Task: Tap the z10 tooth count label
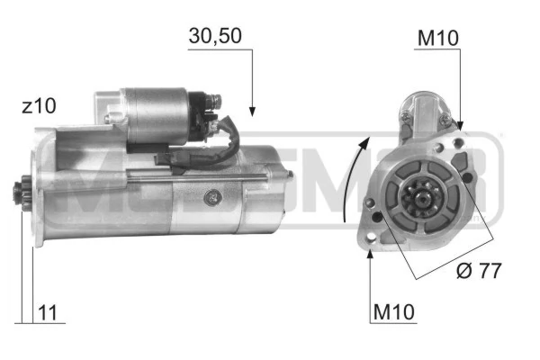(40, 105)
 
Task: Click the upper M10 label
(438, 39)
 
